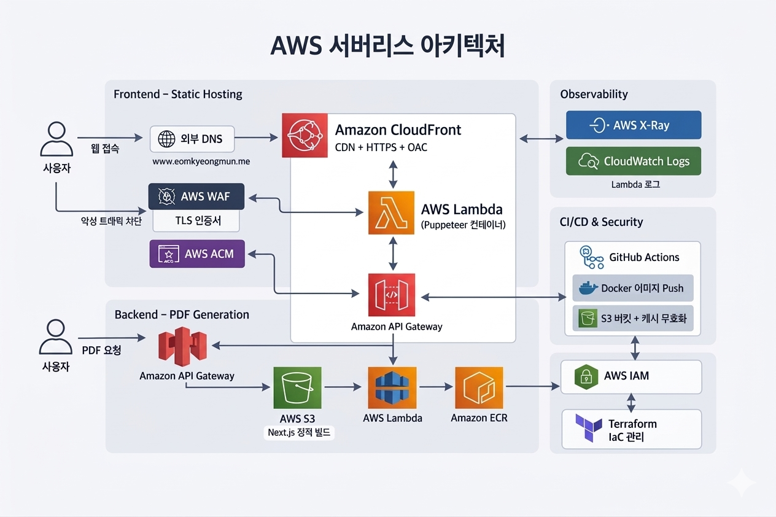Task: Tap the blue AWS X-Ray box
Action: coord(633,125)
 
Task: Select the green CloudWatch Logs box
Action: coord(633,161)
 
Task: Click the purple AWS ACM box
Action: coord(196,254)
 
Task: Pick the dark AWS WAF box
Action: coord(196,197)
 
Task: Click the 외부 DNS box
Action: coord(193,139)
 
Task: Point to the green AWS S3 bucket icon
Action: coord(297,388)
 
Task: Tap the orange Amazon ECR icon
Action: coord(479,388)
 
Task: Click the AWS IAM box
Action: coord(632,376)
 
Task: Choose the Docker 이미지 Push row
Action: coord(632,288)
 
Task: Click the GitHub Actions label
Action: coord(644,257)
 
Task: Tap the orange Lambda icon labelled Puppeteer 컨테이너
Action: coord(392,212)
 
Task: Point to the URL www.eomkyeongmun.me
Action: coord(200,162)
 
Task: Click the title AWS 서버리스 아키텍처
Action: coord(387,46)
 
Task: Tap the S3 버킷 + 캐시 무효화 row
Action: coord(632,319)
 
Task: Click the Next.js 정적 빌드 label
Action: coord(299,433)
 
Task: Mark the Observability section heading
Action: coord(594,94)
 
